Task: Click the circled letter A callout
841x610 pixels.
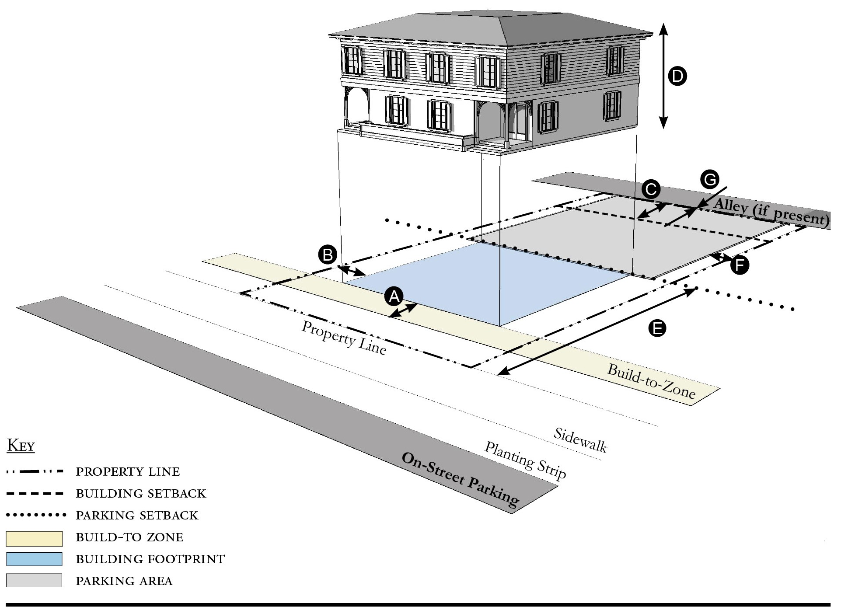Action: pos(394,296)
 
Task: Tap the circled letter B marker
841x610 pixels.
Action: pos(328,254)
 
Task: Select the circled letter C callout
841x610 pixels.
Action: pos(651,190)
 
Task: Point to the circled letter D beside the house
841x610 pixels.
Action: pos(677,77)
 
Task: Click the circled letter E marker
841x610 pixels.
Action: pos(657,328)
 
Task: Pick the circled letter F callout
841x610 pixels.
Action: pos(740,265)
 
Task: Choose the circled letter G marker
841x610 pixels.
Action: pos(709,179)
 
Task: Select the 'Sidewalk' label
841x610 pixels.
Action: pos(580,439)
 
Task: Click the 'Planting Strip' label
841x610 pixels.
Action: pos(525,460)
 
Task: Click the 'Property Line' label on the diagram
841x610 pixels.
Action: pos(344,338)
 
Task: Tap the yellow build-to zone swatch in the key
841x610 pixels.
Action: pos(34,539)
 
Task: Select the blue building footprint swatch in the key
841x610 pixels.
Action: pos(34,559)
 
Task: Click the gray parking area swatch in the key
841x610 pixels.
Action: pos(34,580)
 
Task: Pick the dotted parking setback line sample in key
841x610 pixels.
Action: pos(36,515)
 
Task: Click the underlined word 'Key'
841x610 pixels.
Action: pos(21,446)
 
